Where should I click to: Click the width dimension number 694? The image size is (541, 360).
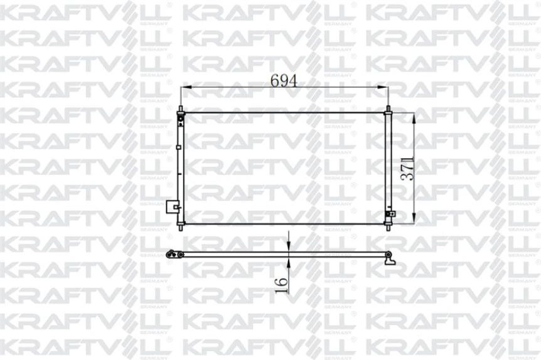pos(284,80)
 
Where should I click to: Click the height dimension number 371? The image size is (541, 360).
pos(407,168)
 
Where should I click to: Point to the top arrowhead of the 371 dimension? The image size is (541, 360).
pos(414,117)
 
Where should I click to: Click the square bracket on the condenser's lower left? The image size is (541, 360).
pos(170,206)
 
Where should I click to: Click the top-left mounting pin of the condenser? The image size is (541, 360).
pos(181,110)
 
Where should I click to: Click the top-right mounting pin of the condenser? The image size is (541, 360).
pos(388,110)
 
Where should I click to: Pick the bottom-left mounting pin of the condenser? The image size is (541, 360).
pos(181,226)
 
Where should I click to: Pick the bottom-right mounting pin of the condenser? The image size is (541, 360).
pos(388,226)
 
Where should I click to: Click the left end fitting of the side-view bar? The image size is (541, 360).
pos(171,253)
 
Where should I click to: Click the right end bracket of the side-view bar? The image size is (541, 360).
pos(390,257)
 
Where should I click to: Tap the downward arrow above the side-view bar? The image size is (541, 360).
pos(287,245)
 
